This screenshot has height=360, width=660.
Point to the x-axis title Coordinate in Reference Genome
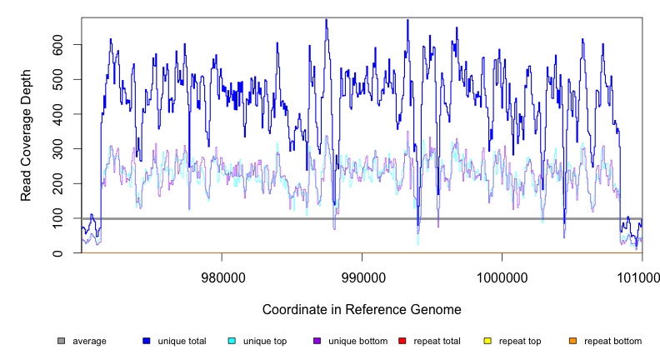click(362, 309)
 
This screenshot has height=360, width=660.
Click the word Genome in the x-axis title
click(436, 309)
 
